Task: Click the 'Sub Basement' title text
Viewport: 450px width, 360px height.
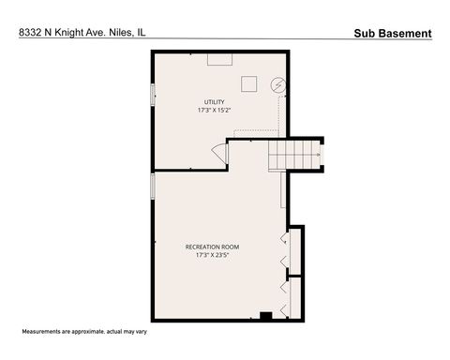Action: (x=393, y=34)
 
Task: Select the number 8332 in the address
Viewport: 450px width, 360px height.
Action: (x=31, y=33)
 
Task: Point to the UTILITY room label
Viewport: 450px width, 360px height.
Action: (x=216, y=101)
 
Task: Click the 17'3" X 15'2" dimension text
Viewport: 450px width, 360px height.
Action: (x=216, y=110)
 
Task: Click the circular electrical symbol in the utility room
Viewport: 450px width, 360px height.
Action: (x=277, y=85)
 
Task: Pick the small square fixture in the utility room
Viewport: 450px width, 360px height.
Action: (x=248, y=83)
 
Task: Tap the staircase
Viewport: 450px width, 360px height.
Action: (x=295, y=153)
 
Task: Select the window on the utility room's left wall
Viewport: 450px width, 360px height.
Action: (x=153, y=95)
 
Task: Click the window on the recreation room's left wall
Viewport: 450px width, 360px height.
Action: (x=153, y=185)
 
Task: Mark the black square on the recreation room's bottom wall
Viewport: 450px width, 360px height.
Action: (x=265, y=315)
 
